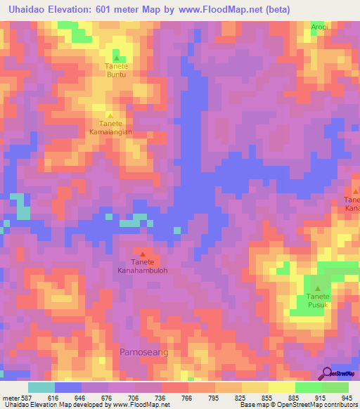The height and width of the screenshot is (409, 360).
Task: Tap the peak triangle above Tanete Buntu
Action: [117, 58]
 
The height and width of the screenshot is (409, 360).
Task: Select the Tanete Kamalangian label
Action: [110, 127]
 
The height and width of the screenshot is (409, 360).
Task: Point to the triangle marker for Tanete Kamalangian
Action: [110, 116]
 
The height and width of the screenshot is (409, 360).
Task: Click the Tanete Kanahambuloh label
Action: [143, 265]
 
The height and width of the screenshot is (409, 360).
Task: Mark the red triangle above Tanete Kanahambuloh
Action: [143, 254]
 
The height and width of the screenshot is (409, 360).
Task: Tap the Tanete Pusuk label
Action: [318, 301]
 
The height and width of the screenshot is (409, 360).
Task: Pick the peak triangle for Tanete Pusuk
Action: [318, 288]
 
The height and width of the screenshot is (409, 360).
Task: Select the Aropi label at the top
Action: [321, 26]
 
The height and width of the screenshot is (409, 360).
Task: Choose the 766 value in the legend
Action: [187, 396]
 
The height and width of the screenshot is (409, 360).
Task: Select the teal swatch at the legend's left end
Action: [41, 387]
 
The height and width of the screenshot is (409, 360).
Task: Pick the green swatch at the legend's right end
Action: [335, 387]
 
